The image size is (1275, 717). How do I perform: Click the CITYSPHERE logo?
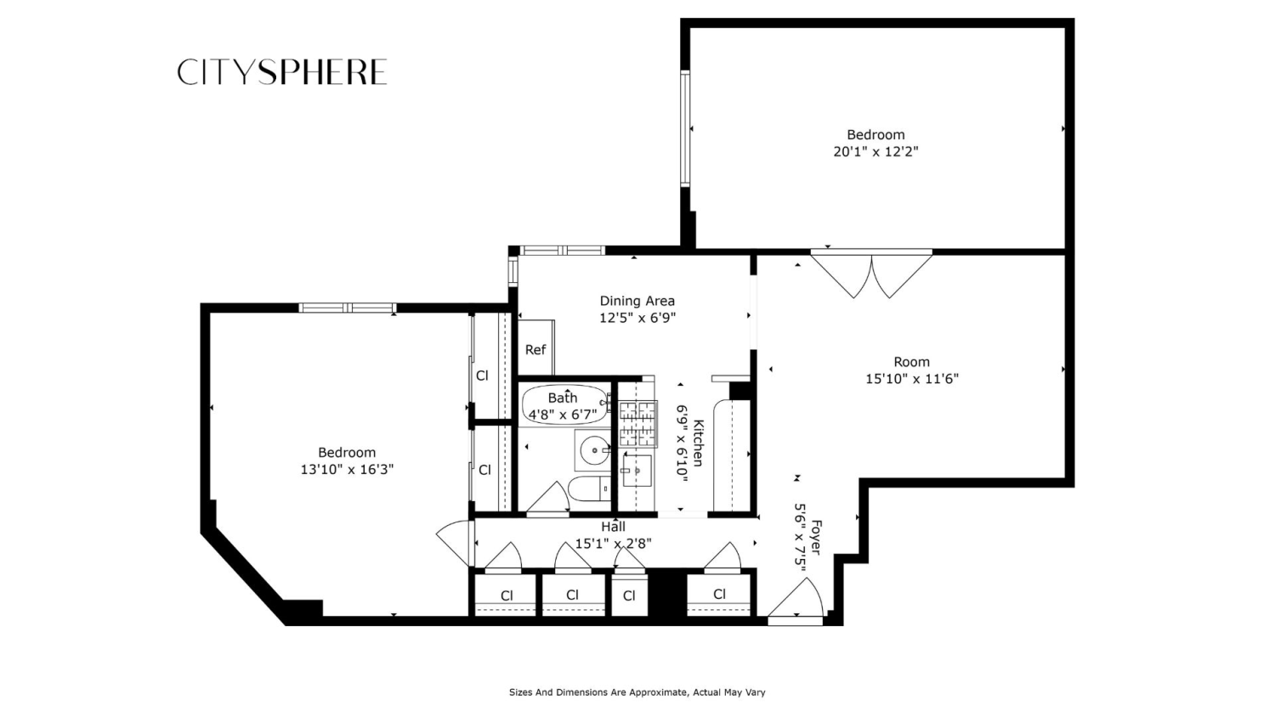pyautogui.click(x=281, y=72)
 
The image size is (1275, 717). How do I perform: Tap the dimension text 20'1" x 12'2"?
pyautogui.click(x=875, y=152)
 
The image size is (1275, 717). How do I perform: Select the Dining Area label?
pyautogui.click(x=637, y=301)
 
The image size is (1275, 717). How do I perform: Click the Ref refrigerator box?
pyautogui.click(x=535, y=349)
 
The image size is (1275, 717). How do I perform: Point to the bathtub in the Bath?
pyautogui.click(x=564, y=404)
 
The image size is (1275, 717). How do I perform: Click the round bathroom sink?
pyautogui.click(x=592, y=449)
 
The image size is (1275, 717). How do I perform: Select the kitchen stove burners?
pyautogui.click(x=637, y=424)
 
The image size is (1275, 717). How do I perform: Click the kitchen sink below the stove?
pyautogui.click(x=637, y=471)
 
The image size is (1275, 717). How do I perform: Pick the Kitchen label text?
pyautogui.click(x=698, y=443)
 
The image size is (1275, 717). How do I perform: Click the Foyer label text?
pyautogui.click(x=816, y=537)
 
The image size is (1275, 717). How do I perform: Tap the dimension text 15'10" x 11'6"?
pyautogui.click(x=911, y=379)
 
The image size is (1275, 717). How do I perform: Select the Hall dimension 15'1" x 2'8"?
pyautogui.click(x=613, y=544)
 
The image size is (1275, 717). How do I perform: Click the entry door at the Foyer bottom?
pyautogui.click(x=797, y=602)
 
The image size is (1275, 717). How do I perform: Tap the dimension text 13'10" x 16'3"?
pyautogui.click(x=347, y=469)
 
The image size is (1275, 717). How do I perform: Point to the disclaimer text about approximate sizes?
pyautogui.click(x=637, y=692)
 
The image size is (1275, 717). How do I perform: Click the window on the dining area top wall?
pyautogui.click(x=562, y=251)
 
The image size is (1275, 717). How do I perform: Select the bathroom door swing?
pyautogui.click(x=548, y=500)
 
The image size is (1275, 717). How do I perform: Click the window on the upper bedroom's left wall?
pyautogui.click(x=685, y=128)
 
